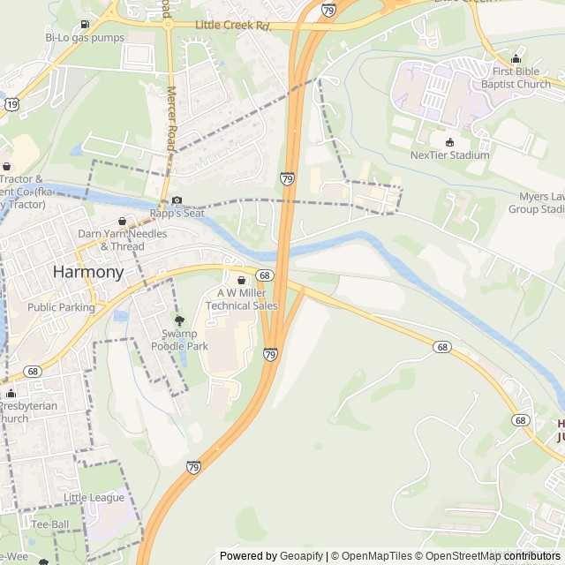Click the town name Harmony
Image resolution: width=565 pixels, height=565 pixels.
[x=88, y=272]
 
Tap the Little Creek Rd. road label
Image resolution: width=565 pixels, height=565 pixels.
[x=232, y=26]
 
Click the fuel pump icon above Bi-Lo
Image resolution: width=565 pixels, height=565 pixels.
[x=84, y=24]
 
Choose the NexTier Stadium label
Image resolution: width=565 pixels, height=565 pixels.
[x=449, y=155]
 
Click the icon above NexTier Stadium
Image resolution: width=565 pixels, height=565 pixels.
[x=449, y=141]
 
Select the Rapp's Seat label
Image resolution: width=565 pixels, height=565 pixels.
[x=177, y=213]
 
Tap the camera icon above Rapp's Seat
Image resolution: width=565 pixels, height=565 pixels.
[x=177, y=200]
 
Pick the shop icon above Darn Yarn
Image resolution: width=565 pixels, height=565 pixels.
[x=123, y=221]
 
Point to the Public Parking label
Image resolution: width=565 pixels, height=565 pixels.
[x=61, y=307]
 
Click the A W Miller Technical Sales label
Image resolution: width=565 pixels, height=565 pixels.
[x=241, y=299]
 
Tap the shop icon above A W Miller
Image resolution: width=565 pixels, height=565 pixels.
[x=241, y=280]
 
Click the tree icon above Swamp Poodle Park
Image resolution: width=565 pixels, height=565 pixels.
[x=179, y=321]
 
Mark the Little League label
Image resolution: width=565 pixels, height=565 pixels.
[x=94, y=498]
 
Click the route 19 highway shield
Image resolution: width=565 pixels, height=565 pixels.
[x=11, y=103]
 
